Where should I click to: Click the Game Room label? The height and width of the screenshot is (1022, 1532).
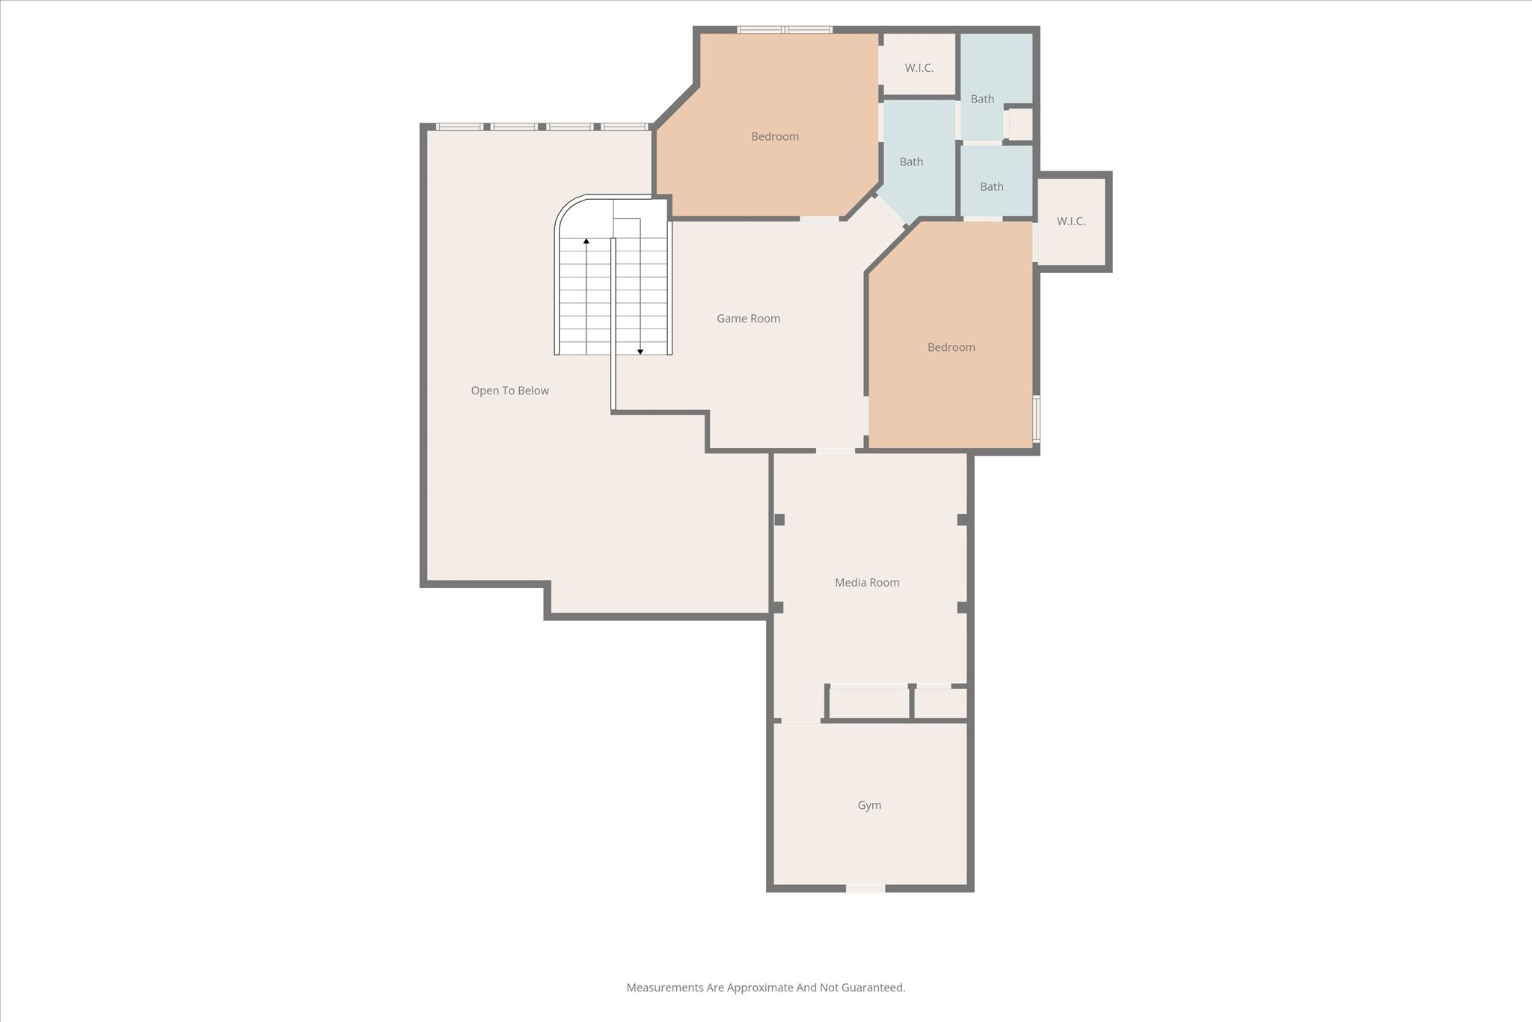point(748,319)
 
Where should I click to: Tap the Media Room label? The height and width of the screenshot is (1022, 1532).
point(867,583)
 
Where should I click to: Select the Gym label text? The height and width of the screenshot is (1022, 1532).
point(869,806)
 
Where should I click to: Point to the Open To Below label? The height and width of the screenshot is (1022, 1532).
point(509,391)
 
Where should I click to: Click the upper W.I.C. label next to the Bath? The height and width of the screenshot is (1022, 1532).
point(919,68)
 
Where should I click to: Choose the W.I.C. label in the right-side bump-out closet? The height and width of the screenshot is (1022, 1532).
point(1070,221)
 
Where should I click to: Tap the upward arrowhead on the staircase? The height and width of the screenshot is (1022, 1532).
point(586,241)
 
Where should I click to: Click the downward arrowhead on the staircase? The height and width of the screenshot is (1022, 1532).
point(640,351)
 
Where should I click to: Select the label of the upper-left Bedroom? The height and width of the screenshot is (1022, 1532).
point(775,137)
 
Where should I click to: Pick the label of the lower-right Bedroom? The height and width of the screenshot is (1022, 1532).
point(951,347)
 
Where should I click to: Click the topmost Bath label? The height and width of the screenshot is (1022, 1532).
point(982,99)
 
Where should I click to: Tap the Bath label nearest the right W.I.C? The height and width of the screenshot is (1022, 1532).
point(991,187)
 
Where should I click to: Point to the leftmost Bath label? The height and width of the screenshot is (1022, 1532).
point(911,162)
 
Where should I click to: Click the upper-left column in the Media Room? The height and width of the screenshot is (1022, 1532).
point(779,519)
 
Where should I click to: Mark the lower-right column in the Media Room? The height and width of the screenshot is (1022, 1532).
point(963,608)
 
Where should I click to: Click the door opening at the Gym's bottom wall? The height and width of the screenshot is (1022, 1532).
point(865,888)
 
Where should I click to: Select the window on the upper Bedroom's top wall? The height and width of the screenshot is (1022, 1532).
point(785,30)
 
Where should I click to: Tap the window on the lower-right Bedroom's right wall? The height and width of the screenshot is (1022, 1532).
point(1036,418)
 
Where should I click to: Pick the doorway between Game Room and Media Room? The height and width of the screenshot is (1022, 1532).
point(835,450)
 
